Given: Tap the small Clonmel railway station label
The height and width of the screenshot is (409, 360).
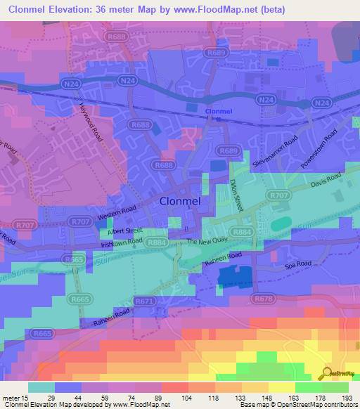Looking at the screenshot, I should point(217,111).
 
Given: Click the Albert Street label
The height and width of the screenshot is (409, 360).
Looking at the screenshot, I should point(124,230).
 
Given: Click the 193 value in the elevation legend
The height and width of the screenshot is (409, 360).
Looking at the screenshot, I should point(347,397).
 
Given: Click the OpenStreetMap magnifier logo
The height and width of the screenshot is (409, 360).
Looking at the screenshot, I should point(326,375).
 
